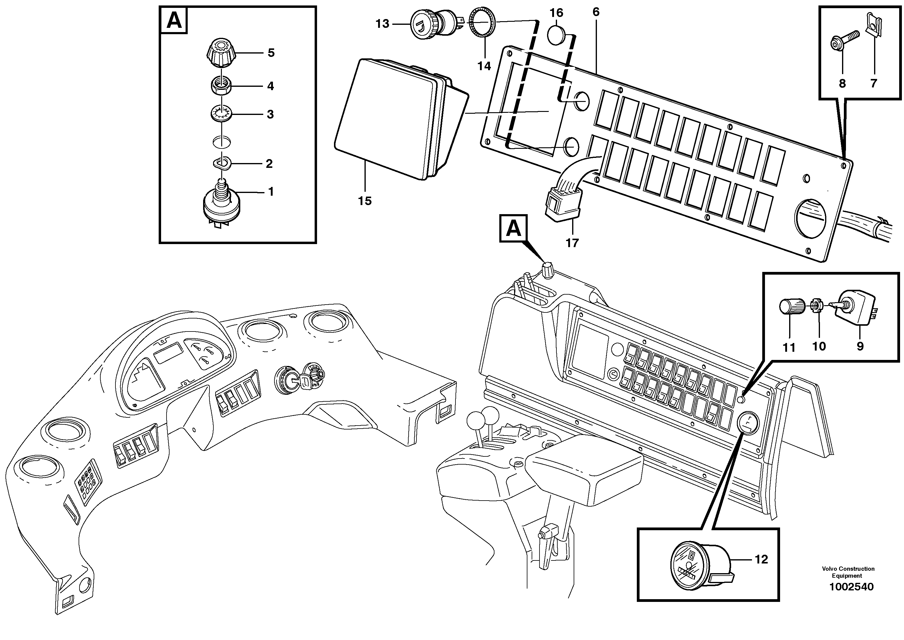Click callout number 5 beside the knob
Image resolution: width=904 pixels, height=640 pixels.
[271, 53]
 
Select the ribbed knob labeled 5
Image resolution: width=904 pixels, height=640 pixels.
[221, 54]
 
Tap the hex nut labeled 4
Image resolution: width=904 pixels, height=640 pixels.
[221, 86]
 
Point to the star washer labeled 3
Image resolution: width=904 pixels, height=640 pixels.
[221, 114]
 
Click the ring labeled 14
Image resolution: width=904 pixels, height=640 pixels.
[483, 24]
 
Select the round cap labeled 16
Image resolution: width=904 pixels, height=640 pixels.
[556, 35]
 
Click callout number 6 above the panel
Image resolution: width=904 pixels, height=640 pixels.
[596, 12]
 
